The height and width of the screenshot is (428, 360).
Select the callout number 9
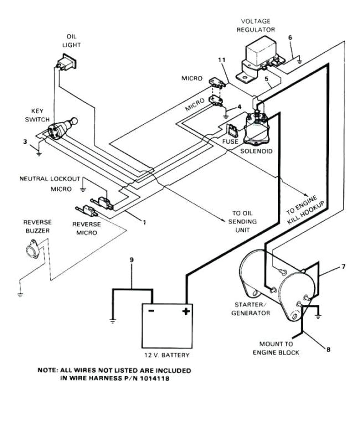pos(131,260)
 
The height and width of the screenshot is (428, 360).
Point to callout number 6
pos(290,38)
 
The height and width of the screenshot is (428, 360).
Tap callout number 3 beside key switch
pos(24,142)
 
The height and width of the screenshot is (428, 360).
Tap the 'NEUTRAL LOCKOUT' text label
pos(50,179)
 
